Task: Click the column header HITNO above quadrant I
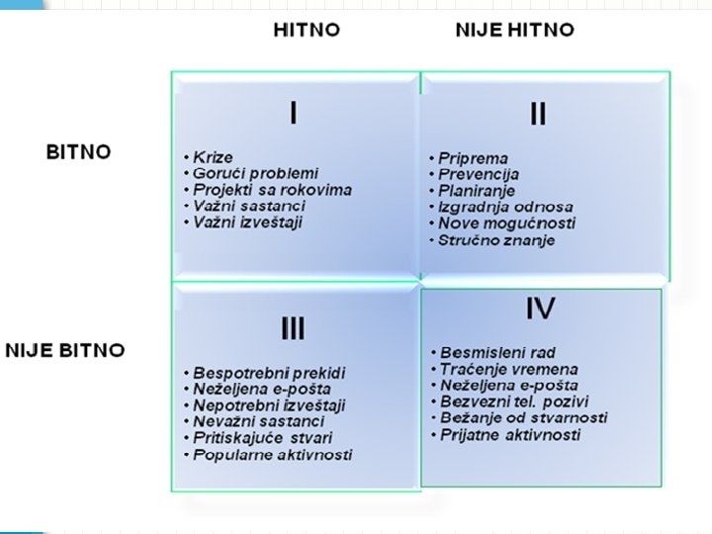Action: point(307,30)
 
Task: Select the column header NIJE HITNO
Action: point(514,30)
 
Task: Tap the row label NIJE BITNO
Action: point(65,350)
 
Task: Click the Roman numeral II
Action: point(537,115)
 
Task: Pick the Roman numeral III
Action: point(293,329)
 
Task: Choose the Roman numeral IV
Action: point(540,311)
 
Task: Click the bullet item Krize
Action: point(213,158)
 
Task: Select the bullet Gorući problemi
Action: point(256,174)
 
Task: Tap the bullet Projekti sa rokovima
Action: point(272,190)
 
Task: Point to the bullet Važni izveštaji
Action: point(248,222)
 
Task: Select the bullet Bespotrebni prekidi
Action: point(269,373)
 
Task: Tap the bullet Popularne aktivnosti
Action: point(273,455)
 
